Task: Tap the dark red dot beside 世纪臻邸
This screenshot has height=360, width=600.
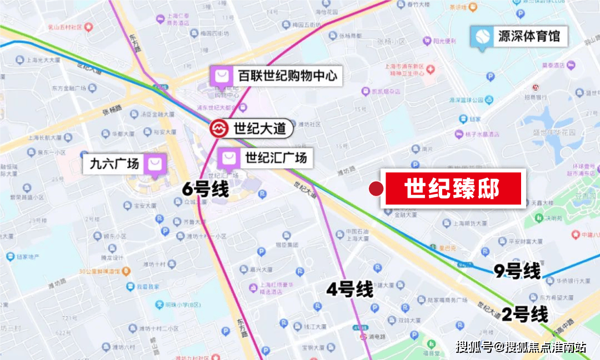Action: coord(377,189)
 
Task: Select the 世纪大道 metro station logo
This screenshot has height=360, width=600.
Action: coord(219,128)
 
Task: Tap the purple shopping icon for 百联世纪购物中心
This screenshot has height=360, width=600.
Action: coord(221,76)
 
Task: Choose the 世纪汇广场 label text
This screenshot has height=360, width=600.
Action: coord(276,158)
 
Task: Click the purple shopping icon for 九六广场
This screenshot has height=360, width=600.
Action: coord(154,164)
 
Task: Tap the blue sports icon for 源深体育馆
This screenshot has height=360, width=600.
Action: coord(480,37)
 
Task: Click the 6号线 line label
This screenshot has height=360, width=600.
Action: coord(206,189)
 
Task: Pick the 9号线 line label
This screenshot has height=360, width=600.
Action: coord(517,271)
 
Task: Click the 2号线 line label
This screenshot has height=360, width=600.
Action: coord(525,314)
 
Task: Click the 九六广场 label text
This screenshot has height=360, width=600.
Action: coord(114,164)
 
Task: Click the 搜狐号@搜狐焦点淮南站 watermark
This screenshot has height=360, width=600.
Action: coord(521,347)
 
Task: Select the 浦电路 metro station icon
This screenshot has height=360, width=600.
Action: coord(363,337)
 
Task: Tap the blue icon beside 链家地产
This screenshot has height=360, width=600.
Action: coord(11,257)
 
